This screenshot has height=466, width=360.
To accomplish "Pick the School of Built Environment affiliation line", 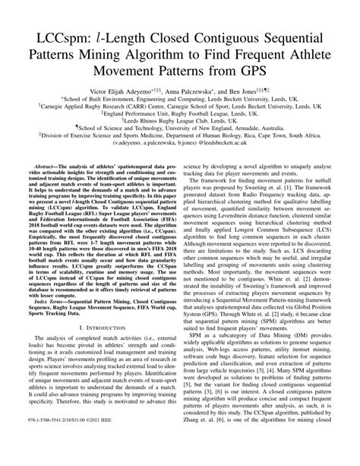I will (180, 99).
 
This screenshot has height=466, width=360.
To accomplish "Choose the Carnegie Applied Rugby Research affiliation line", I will (180, 107).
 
